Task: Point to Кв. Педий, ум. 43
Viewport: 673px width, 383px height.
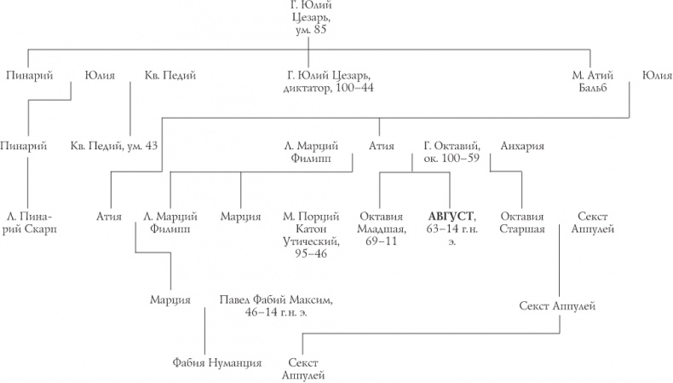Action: [114, 146]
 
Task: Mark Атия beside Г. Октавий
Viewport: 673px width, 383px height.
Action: [381, 146]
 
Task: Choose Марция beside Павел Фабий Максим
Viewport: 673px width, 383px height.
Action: [170, 299]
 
